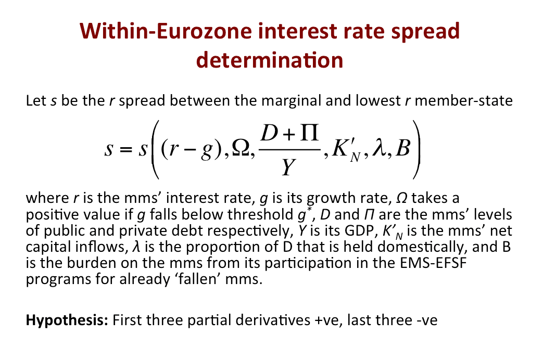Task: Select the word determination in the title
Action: click(270, 60)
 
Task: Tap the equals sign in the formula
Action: click(123, 149)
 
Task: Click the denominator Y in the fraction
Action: click(288, 167)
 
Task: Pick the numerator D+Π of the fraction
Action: click(289, 133)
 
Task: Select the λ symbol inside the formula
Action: click(379, 148)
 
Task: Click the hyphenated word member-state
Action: click(463, 101)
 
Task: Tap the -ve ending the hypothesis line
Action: click(427, 320)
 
